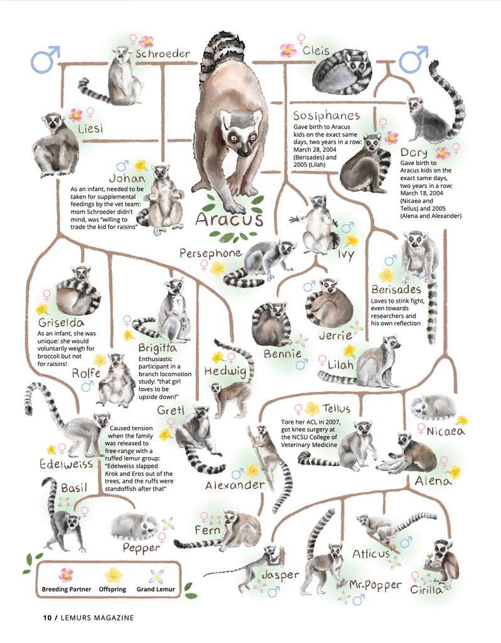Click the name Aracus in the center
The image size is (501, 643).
(x=229, y=219)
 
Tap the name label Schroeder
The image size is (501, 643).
(x=163, y=54)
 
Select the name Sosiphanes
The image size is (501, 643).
(x=326, y=116)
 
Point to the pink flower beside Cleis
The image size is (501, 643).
(x=288, y=50)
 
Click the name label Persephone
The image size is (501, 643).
(x=210, y=254)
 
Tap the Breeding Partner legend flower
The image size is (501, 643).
(x=65, y=575)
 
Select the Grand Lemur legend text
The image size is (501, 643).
(x=156, y=589)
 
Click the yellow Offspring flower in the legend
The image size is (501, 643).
(x=113, y=575)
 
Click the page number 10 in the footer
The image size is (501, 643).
(x=47, y=618)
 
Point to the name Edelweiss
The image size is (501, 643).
(x=66, y=464)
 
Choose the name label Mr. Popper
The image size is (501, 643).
(x=375, y=585)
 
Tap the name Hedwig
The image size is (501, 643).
(x=225, y=372)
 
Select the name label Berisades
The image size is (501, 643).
(x=396, y=289)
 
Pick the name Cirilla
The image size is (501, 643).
(x=426, y=590)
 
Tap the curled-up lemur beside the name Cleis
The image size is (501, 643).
(x=342, y=72)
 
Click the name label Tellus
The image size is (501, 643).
(x=336, y=408)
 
